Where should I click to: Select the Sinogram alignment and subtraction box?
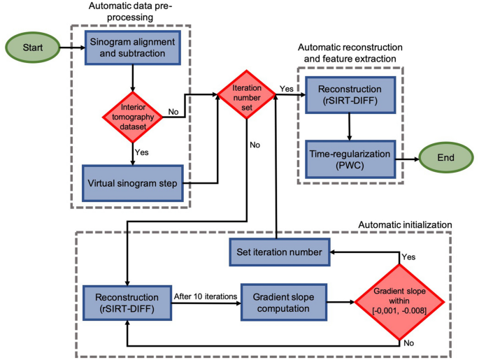tap(132, 48)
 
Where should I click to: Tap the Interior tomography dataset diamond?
tap(132, 115)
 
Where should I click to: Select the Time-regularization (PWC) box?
tap(349, 159)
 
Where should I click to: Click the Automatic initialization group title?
tap(405, 224)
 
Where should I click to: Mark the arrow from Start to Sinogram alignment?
tap(71, 49)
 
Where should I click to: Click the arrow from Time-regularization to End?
tap(406, 159)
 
